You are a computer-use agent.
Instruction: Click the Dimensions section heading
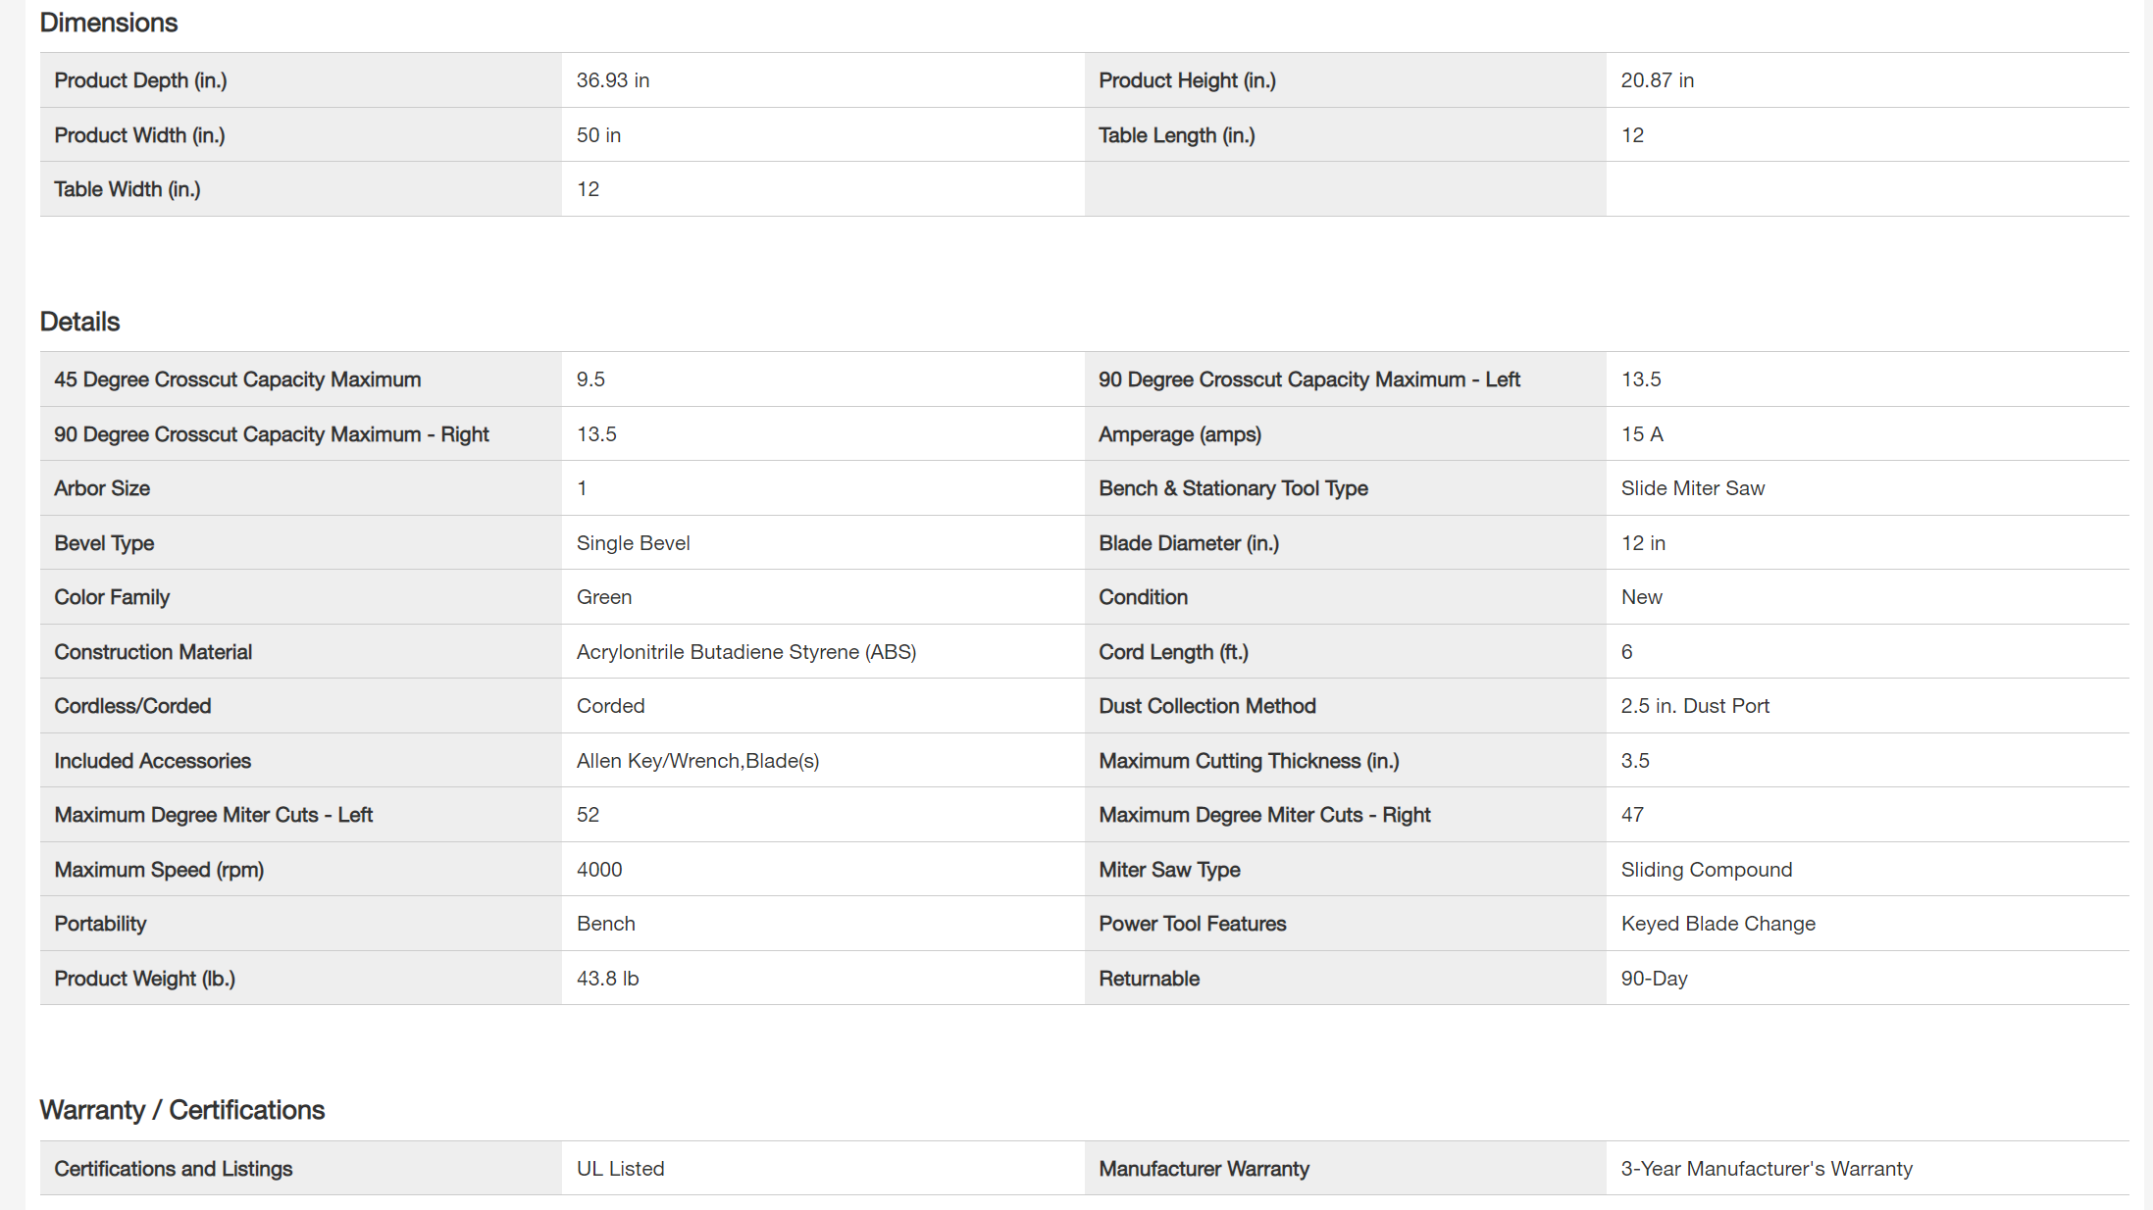tap(108, 23)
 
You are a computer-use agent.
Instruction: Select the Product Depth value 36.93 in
tap(612, 80)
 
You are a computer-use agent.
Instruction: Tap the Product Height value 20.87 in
tap(1657, 80)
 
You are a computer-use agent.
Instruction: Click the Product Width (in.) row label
tap(139, 135)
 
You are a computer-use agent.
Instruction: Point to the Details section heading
tap(79, 322)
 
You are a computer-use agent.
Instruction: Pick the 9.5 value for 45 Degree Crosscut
tap(590, 379)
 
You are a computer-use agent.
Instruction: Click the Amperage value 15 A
tap(1641, 434)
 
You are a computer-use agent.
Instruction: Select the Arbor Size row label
tap(102, 488)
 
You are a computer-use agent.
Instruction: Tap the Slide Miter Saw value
tap(1692, 488)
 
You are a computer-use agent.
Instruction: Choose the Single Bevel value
tap(633, 543)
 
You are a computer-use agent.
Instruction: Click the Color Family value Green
tap(603, 597)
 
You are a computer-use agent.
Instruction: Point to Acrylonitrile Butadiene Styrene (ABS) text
tap(745, 652)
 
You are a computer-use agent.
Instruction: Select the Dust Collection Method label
tap(1206, 706)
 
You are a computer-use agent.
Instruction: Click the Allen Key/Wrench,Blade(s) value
tap(697, 761)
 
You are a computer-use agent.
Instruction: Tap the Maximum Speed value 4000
tap(598, 870)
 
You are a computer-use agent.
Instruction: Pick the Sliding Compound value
tap(1706, 870)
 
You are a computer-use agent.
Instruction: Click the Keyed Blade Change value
tap(1717, 924)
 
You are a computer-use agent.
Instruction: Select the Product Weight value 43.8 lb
tap(607, 979)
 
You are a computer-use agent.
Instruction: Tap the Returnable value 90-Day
tap(1654, 979)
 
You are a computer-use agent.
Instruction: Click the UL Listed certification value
tap(620, 1169)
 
